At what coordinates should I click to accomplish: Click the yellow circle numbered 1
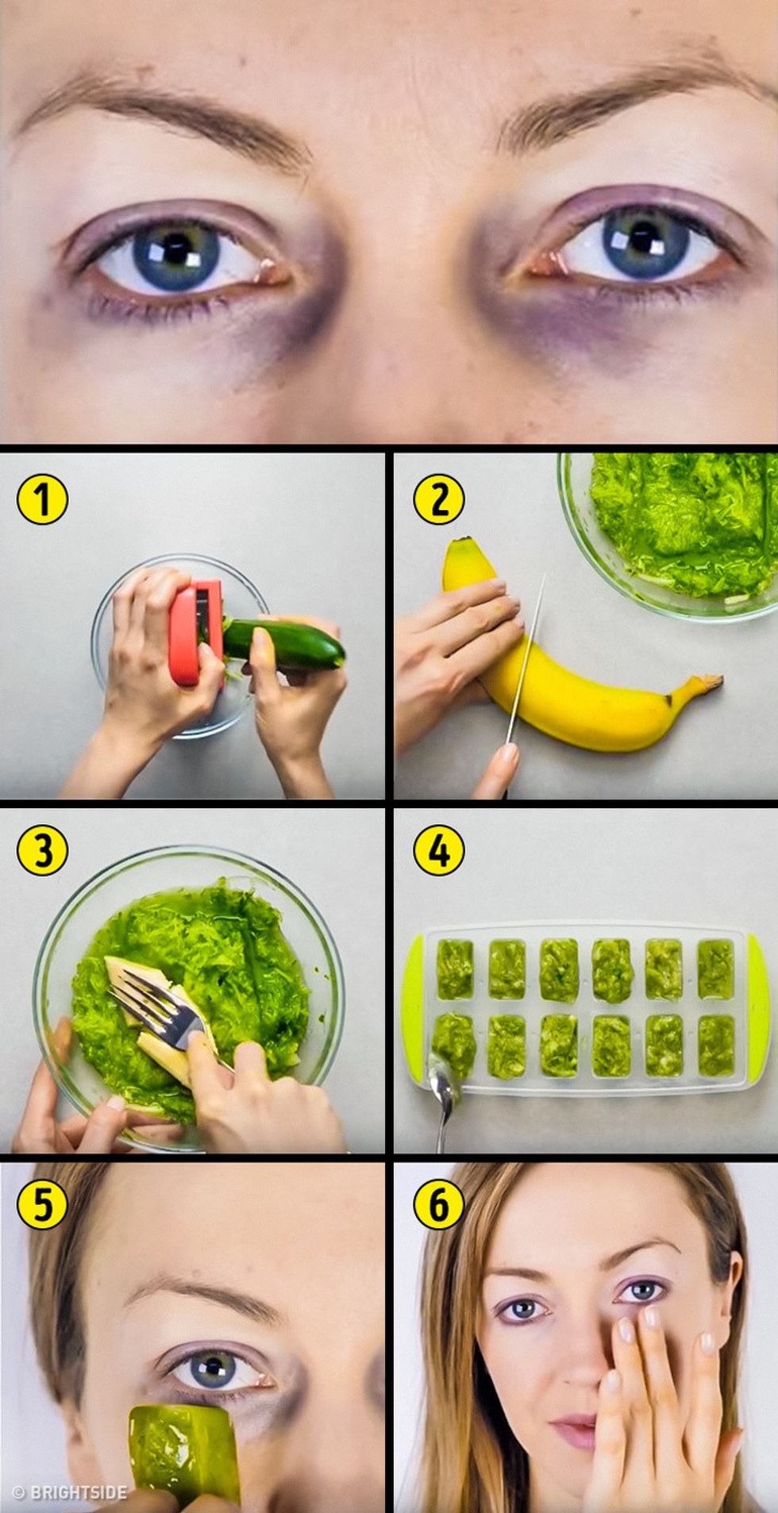42,499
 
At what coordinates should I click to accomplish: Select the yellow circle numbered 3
42,850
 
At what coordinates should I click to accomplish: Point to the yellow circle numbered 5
42,1203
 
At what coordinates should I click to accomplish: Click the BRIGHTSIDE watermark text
70,1492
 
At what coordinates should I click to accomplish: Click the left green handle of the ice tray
413,1008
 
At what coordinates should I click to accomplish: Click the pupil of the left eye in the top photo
177,252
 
